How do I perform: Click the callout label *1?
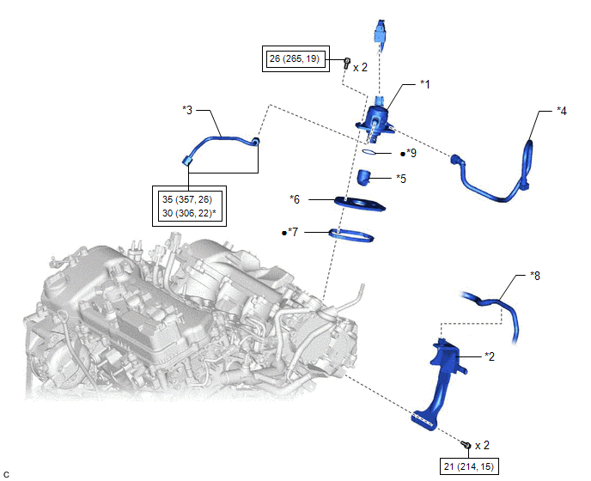tap(424, 84)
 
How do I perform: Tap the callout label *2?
tap(490, 355)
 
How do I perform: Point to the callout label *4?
tap(561, 111)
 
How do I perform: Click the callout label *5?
tap(401, 179)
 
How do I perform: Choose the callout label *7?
tap(292, 232)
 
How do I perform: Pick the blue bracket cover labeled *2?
tap(442, 378)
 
